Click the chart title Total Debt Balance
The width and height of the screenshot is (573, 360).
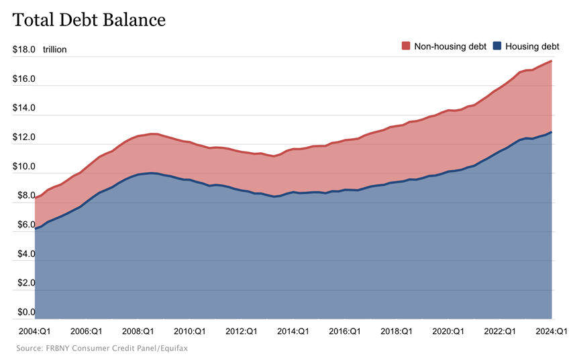coord(89,20)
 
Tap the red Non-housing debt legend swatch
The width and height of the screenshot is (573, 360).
coord(406,46)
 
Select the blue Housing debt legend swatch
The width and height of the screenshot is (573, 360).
coord(497,46)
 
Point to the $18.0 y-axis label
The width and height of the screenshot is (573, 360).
coord(23,50)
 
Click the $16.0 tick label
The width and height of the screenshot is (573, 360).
coord(23,78)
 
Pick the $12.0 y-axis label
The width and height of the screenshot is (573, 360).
coord(23,137)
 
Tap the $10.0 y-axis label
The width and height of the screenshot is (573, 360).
coord(23,166)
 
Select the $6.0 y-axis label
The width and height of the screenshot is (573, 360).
coord(26,225)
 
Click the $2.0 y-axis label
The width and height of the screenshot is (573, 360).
coord(26,283)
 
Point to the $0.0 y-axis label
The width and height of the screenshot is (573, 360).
coord(26,312)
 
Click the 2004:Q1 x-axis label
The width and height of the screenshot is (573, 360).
coord(34,331)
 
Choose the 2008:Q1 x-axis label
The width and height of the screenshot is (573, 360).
coord(138,331)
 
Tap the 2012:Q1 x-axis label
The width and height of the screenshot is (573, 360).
coord(241,331)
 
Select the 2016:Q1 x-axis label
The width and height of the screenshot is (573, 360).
coord(345,331)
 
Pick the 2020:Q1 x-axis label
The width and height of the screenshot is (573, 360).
coord(448,331)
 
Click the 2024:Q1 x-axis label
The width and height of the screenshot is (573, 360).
coord(552,331)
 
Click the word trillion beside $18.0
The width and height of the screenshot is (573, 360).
coord(55,50)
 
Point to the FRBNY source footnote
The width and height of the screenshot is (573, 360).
coord(102,349)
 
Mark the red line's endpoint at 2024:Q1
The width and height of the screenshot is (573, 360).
coord(551,61)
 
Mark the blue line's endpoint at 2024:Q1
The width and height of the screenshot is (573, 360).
coord(551,132)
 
